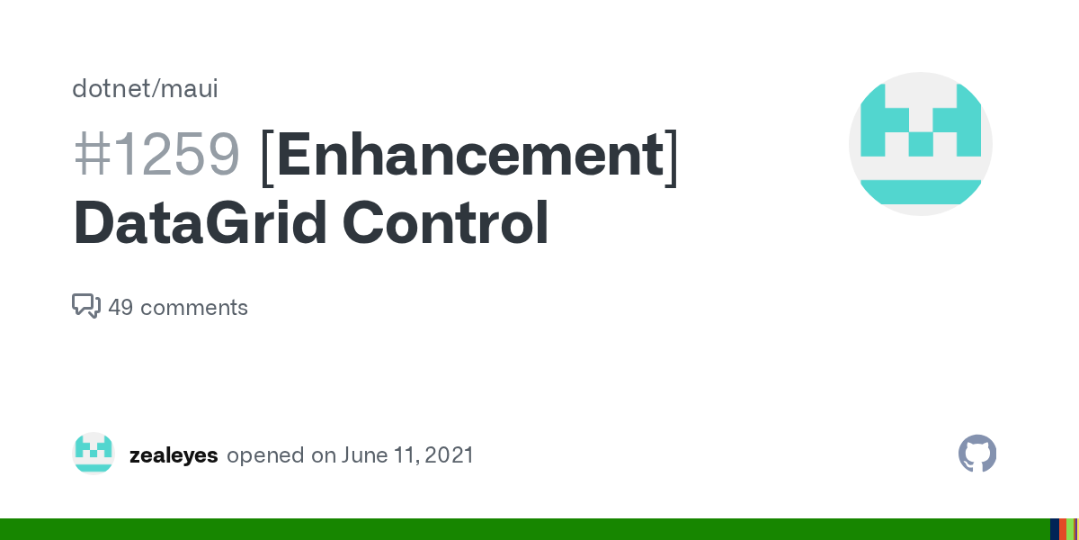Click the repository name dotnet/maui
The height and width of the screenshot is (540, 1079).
click(145, 89)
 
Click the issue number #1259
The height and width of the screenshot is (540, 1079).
click(156, 155)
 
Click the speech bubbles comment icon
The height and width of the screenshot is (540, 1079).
click(85, 306)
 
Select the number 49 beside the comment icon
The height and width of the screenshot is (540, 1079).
click(120, 308)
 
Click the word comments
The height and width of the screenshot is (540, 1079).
click(194, 308)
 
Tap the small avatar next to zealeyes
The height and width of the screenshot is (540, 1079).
click(94, 454)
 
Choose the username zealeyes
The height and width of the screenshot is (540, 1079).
click(174, 455)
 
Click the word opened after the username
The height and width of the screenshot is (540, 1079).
click(265, 455)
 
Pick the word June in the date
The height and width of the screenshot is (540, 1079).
click(363, 455)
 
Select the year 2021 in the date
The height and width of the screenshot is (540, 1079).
click(449, 455)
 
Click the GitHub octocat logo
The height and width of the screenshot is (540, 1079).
click(977, 454)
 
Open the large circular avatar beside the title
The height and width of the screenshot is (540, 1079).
click(920, 144)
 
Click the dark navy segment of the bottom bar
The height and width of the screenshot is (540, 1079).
click(1054, 529)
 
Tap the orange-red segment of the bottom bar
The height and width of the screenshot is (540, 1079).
click(1063, 529)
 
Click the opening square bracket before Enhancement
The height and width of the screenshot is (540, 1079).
click(266, 157)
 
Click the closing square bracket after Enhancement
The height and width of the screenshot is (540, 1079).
click(671, 157)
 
